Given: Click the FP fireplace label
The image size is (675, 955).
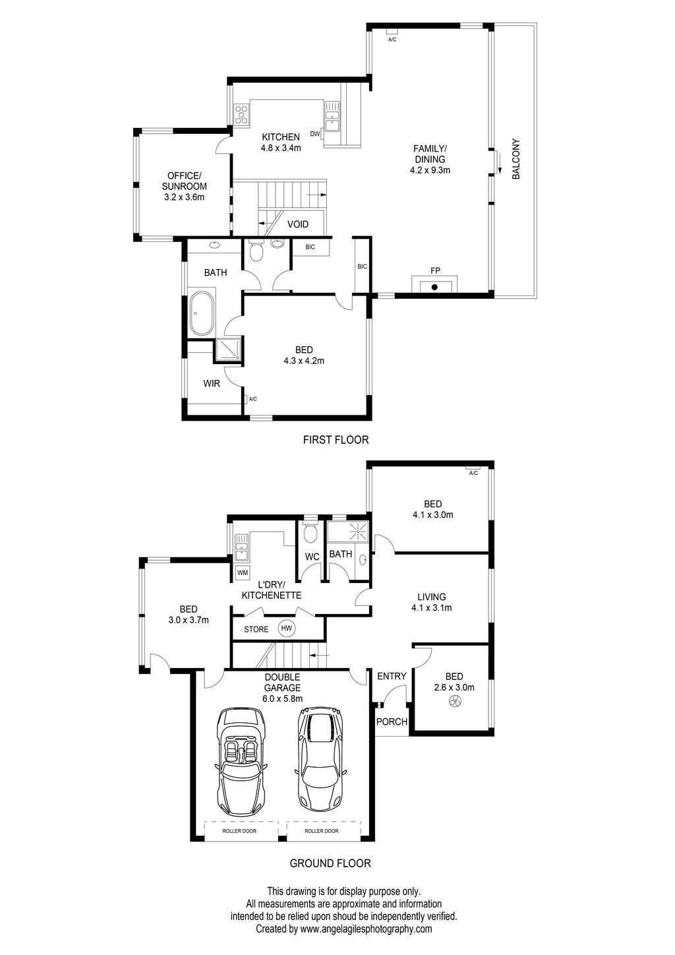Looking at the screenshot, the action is (x=435, y=270).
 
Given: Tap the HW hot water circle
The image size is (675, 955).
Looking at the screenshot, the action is (x=286, y=628).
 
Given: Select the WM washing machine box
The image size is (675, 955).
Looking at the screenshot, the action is (x=243, y=572).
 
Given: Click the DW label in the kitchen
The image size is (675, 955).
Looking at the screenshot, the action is (x=315, y=134).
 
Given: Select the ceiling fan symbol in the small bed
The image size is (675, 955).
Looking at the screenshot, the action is (x=455, y=701).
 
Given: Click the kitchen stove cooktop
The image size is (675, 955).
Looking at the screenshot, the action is (x=241, y=115).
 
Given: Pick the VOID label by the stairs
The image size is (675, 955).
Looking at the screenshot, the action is (x=298, y=224).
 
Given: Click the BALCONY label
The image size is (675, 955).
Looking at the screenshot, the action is (x=516, y=158).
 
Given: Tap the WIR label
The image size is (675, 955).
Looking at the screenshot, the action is (x=212, y=383).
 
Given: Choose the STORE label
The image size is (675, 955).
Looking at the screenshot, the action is (x=256, y=629).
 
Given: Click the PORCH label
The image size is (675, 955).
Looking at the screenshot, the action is (x=392, y=722).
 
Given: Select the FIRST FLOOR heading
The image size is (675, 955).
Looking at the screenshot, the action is (x=336, y=440).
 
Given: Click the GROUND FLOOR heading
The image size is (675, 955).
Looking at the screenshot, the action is (x=330, y=863).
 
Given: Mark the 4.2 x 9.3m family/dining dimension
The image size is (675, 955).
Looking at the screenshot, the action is (x=430, y=170).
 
